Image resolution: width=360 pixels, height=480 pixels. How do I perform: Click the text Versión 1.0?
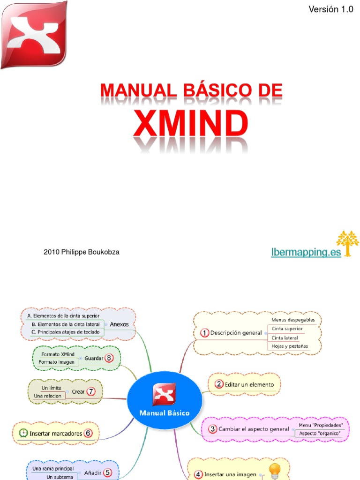pyautogui.click(x=331, y=9)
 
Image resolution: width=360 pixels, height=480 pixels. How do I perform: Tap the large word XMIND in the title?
pyautogui.click(x=192, y=124)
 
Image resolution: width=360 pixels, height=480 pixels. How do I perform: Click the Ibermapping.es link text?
pyautogui.click(x=306, y=253)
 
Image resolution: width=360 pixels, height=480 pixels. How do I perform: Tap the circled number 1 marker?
pyautogui.click(x=204, y=333)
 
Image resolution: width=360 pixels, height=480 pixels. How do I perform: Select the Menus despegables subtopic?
pyautogui.click(x=293, y=320)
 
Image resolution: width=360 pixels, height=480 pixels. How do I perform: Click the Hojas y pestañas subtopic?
pyautogui.click(x=290, y=346)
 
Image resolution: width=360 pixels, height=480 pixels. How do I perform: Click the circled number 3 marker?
pyautogui.click(x=212, y=428)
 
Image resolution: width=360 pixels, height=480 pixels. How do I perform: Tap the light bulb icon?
pyautogui.click(x=274, y=470)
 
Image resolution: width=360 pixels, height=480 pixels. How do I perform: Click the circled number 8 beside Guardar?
pyautogui.click(x=110, y=358)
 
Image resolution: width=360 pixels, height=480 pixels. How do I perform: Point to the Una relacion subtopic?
pyautogui.click(x=47, y=396)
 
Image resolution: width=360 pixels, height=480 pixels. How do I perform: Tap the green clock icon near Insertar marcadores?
pyautogui.click(x=23, y=433)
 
